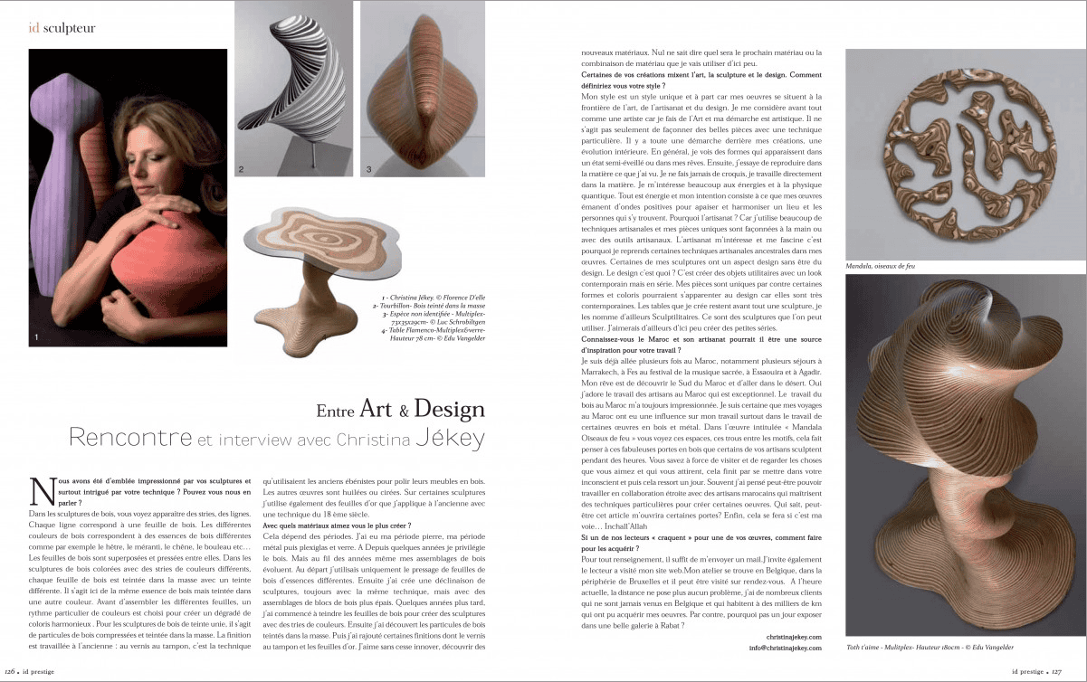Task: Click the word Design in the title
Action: pos(449,409)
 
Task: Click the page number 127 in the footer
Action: pos(1074,672)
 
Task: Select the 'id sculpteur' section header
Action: pos(62,28)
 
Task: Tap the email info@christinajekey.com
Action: pos(785,648)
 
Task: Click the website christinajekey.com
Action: pos(792,637)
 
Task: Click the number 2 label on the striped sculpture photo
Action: pos(241,169)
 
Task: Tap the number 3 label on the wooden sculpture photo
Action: pos(368,169)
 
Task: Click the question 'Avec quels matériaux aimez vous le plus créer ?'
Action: pos(324,526)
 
